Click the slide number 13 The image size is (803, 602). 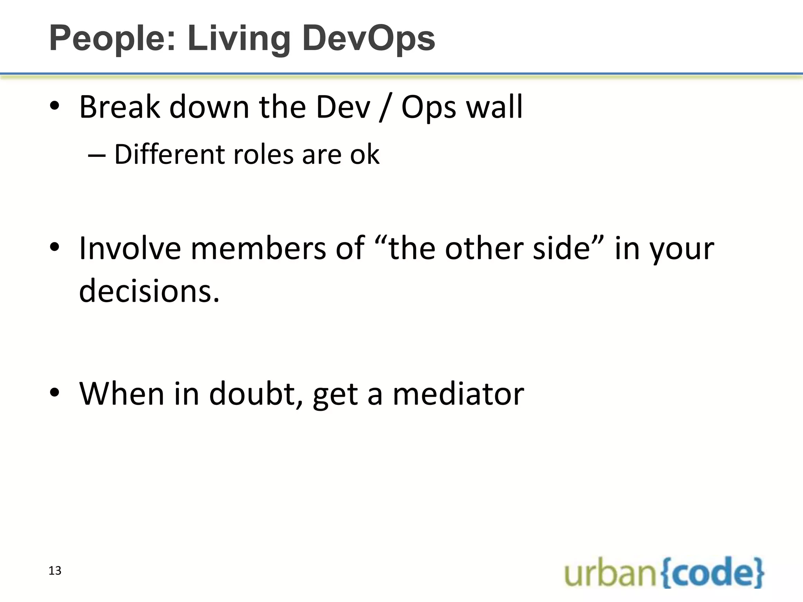tap(55, 571)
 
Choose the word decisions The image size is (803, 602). tap(149, 291)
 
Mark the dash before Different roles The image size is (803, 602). tap(97, 155)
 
